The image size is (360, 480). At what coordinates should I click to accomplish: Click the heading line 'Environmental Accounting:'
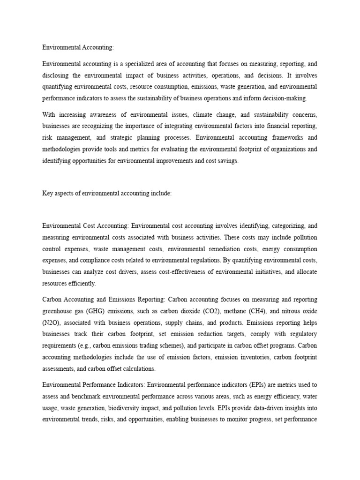[78, 47]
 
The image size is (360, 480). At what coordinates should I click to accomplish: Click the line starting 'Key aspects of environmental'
[107, 193]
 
